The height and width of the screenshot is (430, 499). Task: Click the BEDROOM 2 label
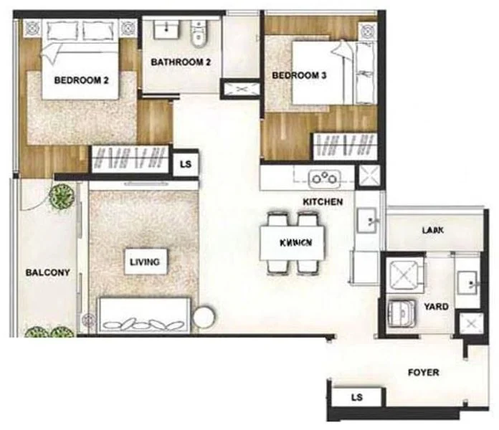tap(81, 81)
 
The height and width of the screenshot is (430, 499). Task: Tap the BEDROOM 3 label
tap(300, 74)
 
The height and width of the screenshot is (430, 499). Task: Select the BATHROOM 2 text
tap(181, 62)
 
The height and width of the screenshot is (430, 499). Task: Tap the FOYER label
tap(423, 373)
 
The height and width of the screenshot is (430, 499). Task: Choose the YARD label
tap(436, 307)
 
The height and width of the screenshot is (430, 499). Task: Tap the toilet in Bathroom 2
tap(199, 33)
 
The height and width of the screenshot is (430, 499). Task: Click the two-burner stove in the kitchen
tap(322, 177)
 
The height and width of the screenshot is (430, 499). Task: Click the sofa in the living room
tap(143, 315)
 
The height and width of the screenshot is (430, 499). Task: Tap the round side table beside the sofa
tap(204, 316)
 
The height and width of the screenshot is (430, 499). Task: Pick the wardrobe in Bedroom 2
tap(129, 158)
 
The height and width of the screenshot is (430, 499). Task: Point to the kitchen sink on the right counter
tap(367, 219)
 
